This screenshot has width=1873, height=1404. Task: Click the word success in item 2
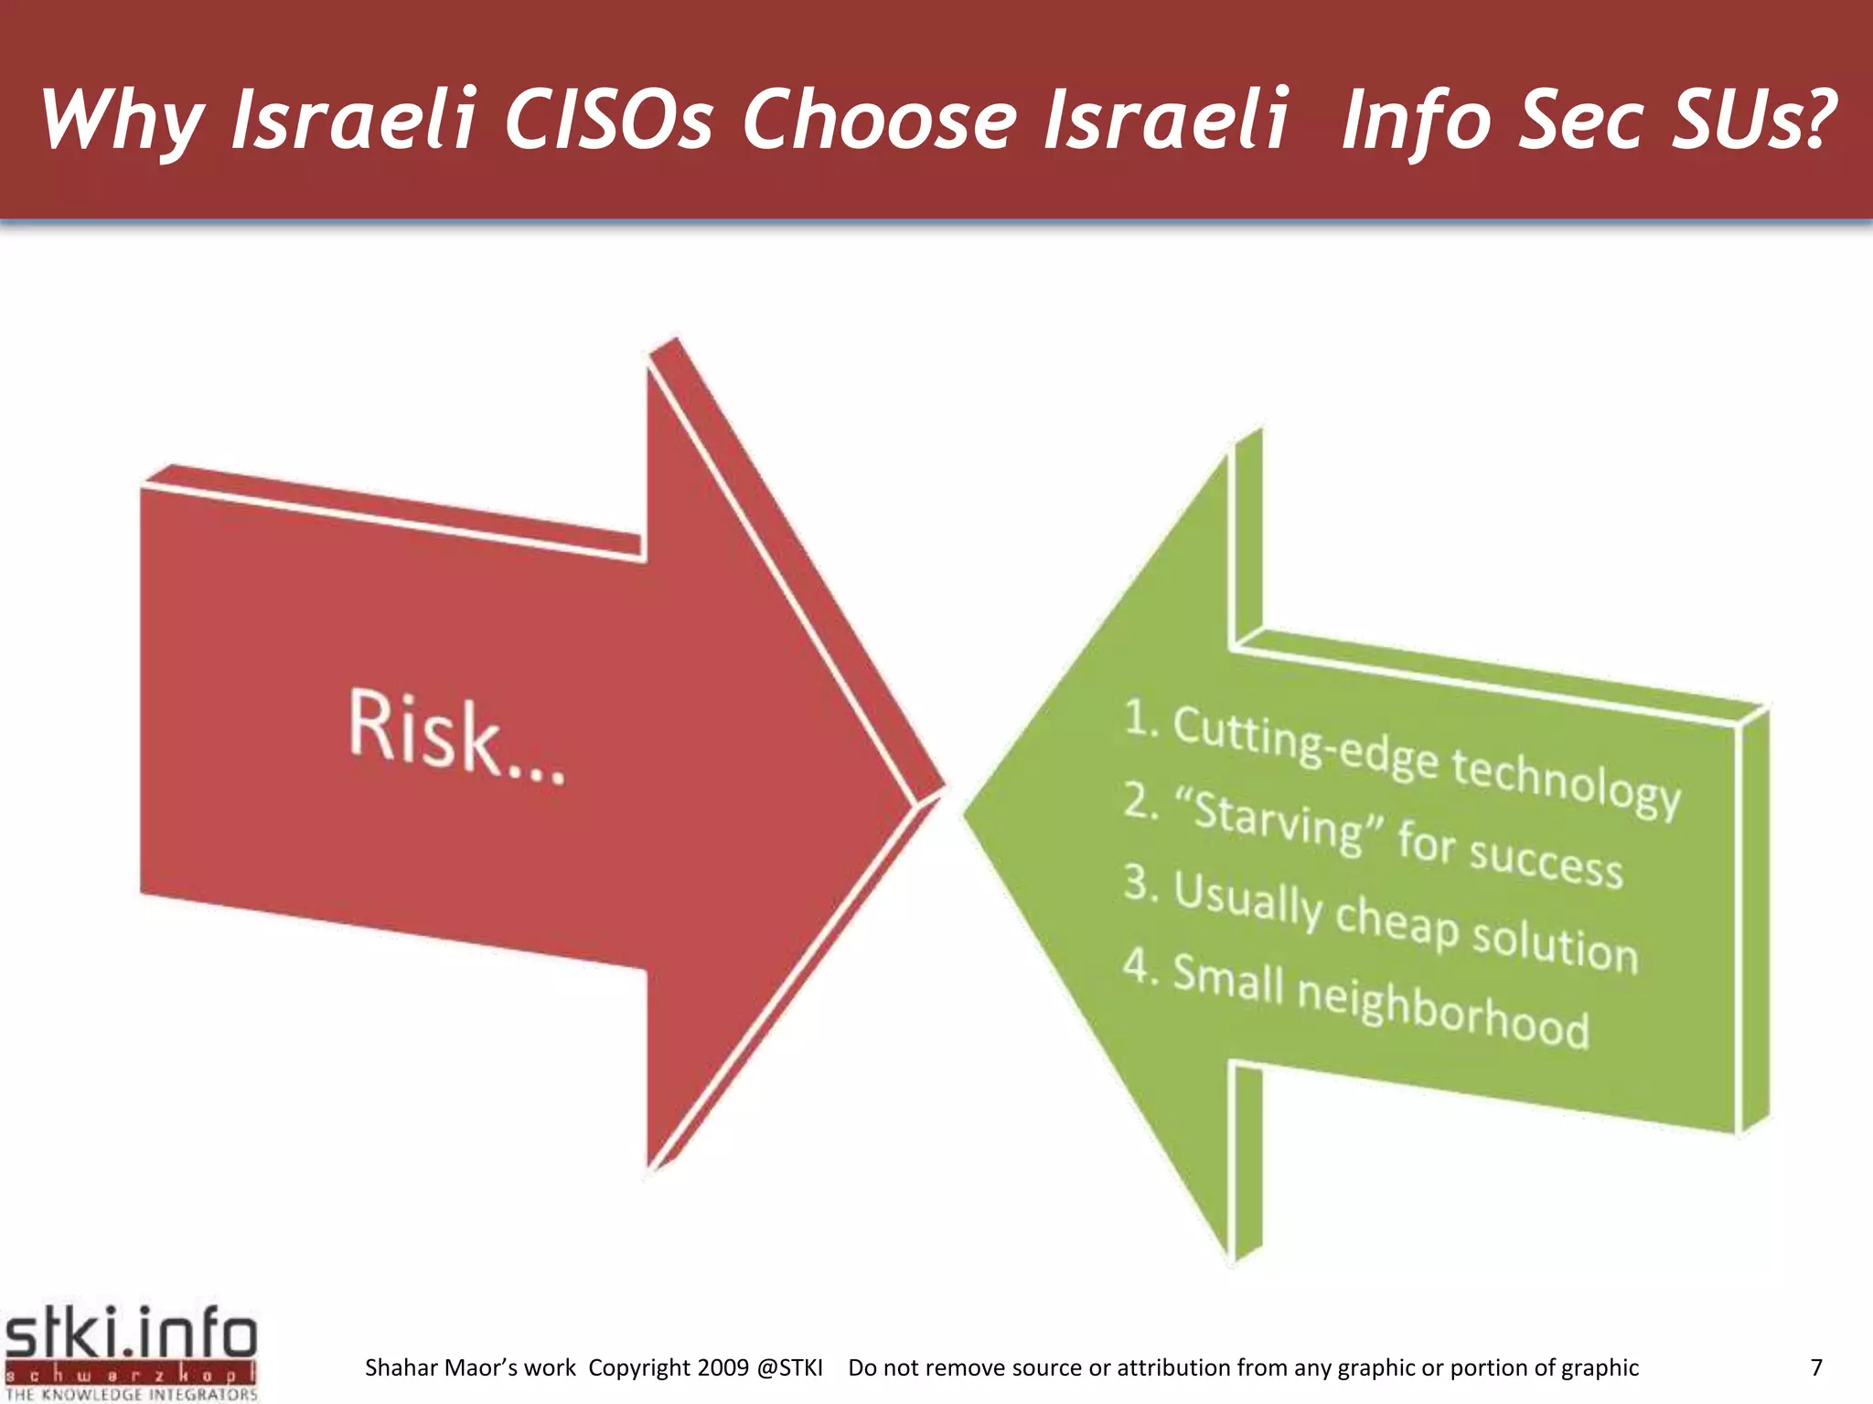(1546, 861)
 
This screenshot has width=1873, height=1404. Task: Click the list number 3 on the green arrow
(1139, 882)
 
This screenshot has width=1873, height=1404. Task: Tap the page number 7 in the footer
(1816, 1367)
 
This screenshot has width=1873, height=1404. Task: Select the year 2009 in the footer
(722, 1367)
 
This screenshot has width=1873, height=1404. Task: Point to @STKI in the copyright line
(790, 1367)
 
